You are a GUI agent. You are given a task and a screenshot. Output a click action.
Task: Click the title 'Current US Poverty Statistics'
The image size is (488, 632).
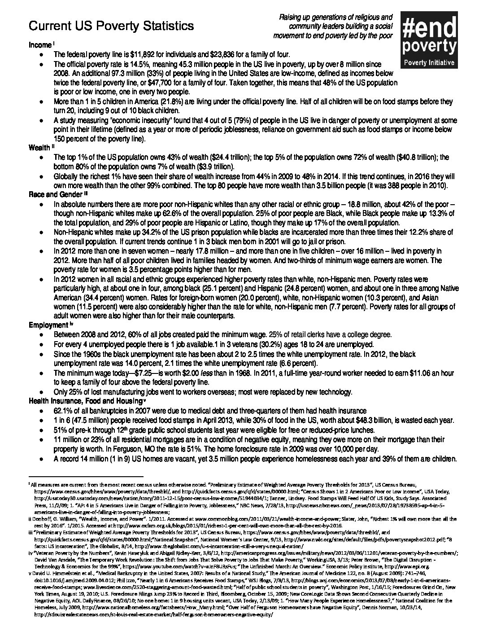[111, 26]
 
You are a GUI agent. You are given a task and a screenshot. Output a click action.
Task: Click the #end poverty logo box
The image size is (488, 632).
[429, 40]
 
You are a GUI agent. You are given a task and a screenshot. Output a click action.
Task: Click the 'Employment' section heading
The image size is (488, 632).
[48, 325]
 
